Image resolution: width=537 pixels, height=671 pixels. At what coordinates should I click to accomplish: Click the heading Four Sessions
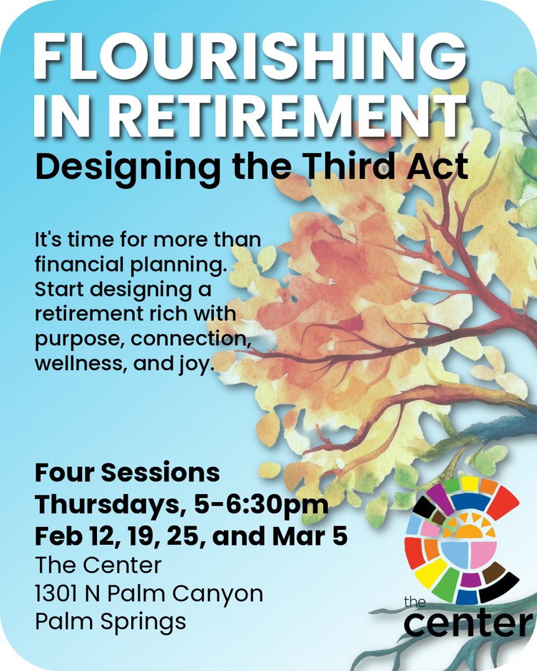(127, 472)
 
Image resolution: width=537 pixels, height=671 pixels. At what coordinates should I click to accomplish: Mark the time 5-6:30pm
(262, 504)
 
